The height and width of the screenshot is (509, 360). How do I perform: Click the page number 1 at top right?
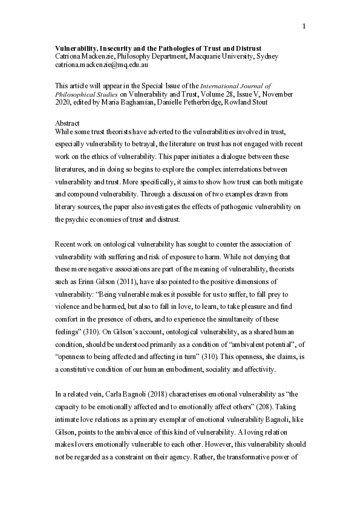pos(304,9)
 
